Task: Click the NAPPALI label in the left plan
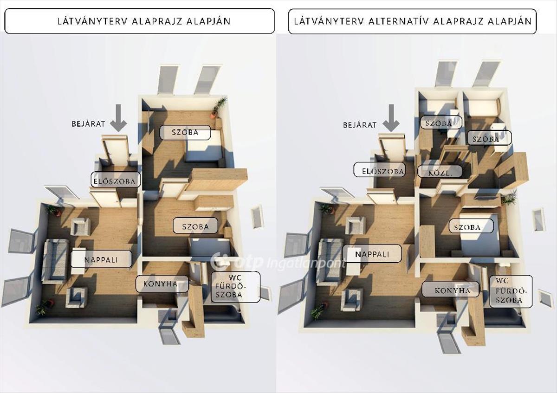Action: (x=101, y=259)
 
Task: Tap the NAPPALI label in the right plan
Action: (x=372, y=254)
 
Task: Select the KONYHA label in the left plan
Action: (x=162, y=284)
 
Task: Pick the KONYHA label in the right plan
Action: (x=450, y=290)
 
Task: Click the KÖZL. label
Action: (x=440, y=172)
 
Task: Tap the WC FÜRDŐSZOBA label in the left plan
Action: (x=235, y=287)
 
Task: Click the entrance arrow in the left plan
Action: (x=119, y=117)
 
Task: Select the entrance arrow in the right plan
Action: (x=391, y=117)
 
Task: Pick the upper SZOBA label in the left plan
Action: (x=185, y=132)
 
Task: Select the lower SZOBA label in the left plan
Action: (x=195, y=226)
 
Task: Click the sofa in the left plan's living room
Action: (x=55, y=261)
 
